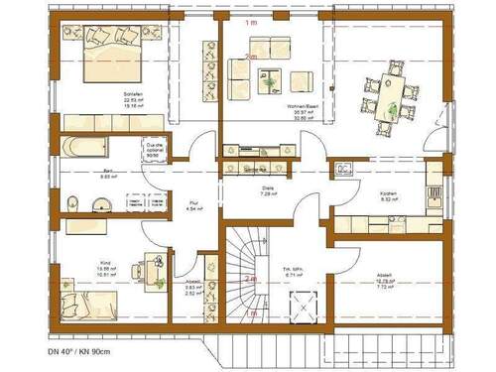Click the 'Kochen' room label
(x=389, y=194)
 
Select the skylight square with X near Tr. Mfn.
(x=298, y=306)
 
